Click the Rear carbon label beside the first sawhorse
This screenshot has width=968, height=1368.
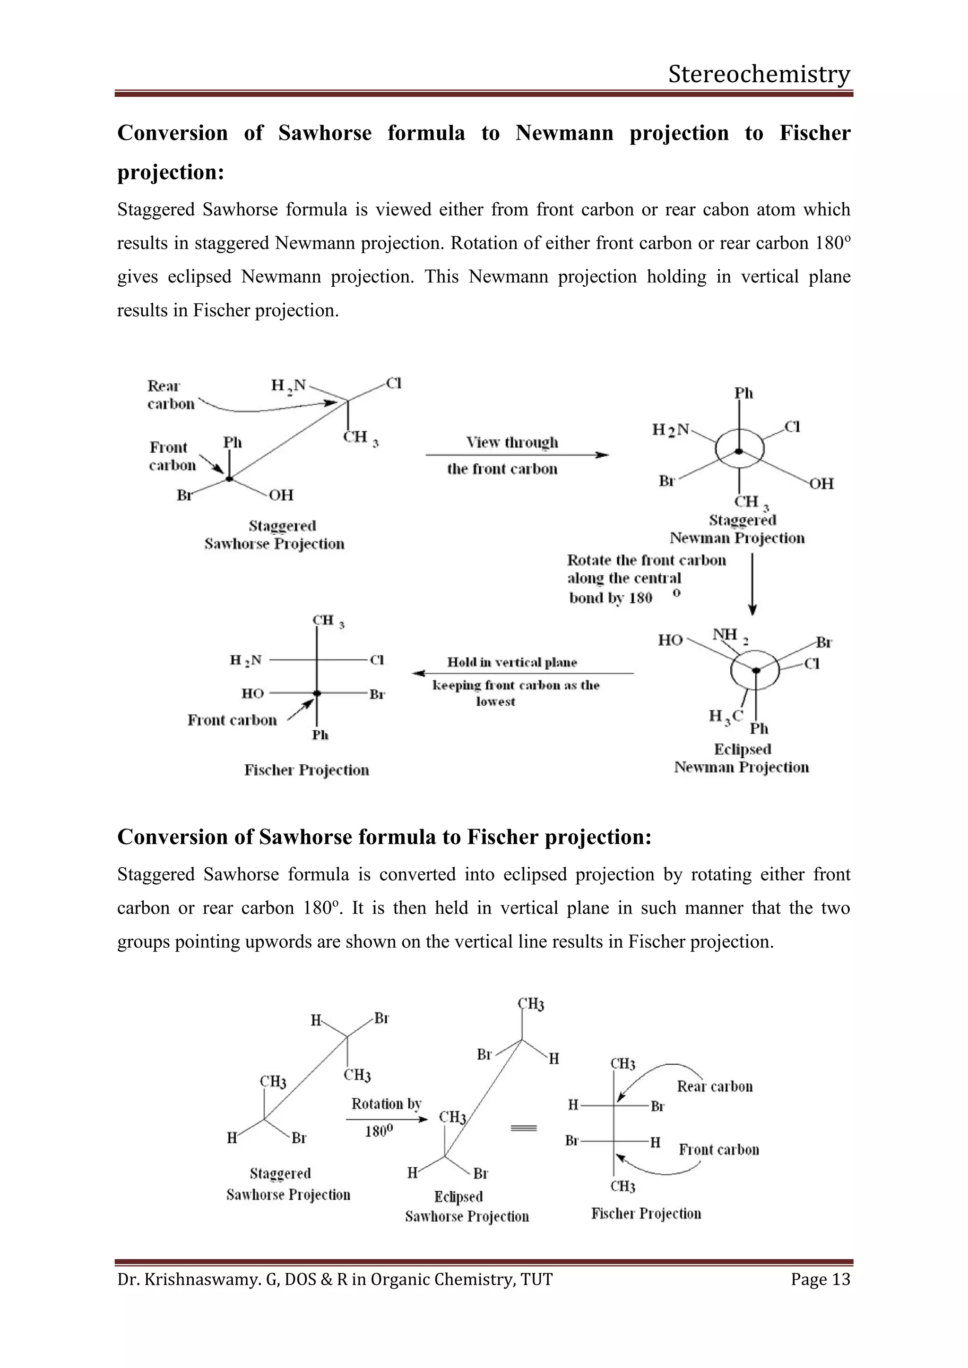pyautogui.click(x=171, y=394)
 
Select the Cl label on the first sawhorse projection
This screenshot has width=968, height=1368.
pyautogui.click(x=393, y=383)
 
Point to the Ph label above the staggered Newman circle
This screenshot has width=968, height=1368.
pyautogui.click(x=743, y=393)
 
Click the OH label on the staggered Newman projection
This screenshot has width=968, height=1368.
pyautogui.click(x=821, y=483)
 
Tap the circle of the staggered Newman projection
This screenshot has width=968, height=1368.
pyautogui.click(x=739, y=451)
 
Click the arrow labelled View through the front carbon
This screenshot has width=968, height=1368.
pyautogui.click(x=516, y=455)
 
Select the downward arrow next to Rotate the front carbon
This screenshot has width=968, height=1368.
pyautogui.click(x=752, y=584)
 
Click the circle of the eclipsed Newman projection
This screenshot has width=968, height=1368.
pyautogui.click(x=755, y=670)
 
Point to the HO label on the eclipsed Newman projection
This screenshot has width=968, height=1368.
pyautogui.click(x=670, y=640)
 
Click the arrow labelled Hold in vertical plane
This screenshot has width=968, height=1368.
pyautogui.click(x=522, y=673)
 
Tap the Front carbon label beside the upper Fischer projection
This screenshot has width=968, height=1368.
pyautogui.click(x=232, y=720)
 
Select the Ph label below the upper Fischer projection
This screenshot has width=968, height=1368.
pyautogui.click(x=320, y=735)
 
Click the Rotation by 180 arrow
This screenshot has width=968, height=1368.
pyautogui.click(x=386, y=1119)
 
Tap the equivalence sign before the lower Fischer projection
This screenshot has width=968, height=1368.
pyautogui.click(x=524, y=1128)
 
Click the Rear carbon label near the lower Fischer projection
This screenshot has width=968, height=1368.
pyautogui.click(x=714, y=1086)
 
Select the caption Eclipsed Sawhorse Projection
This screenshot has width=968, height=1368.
pyautogui.click(x=466, y=1206)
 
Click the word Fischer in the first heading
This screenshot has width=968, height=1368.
pyautogui.click(x=814, y=132)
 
